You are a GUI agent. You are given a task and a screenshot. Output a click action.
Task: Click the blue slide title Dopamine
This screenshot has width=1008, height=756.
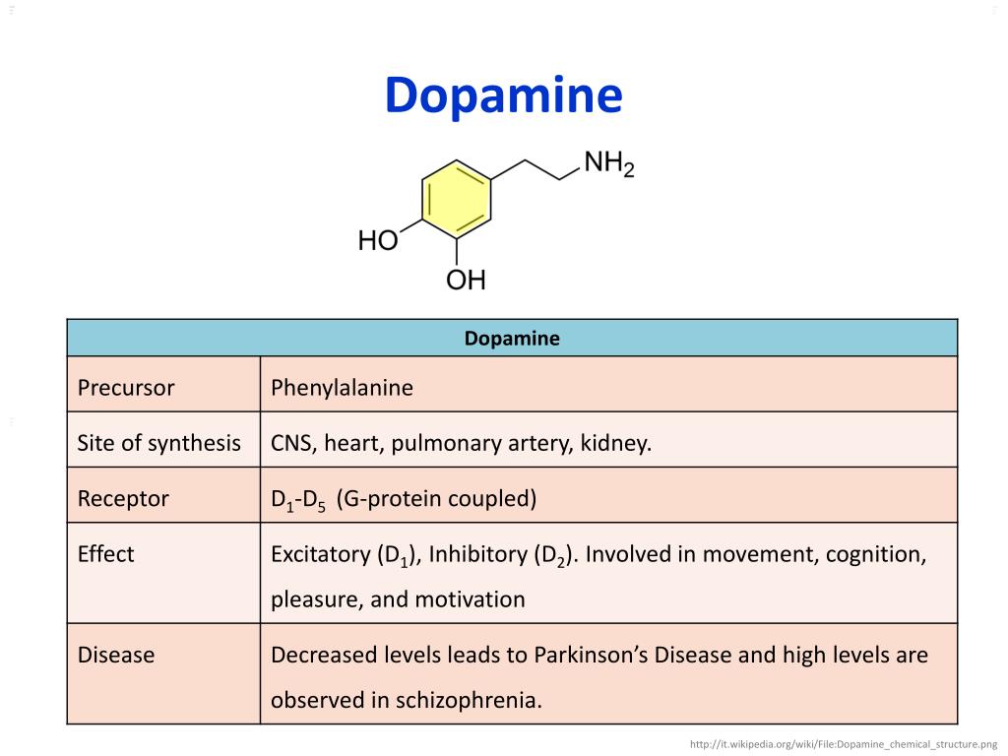[x=503, y=96]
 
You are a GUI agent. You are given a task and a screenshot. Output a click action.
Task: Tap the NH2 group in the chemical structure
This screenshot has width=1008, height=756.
[x=608, y=164]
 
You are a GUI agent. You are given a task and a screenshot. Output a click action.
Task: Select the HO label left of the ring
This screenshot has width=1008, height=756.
[x=377, y=241]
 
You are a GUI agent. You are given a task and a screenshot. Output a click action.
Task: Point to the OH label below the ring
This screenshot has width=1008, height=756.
[x=466, y=282]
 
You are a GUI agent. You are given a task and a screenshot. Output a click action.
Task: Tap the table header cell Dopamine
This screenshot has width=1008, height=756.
[x=512, y=339]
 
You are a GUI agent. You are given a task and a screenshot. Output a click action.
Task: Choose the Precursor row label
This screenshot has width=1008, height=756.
[x=126, y=388]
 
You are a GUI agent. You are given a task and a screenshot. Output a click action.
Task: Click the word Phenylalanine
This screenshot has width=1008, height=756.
[x=343, y=388]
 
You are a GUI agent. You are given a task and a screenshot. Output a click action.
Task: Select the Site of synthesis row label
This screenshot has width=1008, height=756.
[x=158, y=443]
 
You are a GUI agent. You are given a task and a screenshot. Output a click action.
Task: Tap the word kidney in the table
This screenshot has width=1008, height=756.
[x=618, y=443]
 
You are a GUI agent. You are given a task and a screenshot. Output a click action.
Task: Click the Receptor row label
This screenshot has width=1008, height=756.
[x=123, y=499]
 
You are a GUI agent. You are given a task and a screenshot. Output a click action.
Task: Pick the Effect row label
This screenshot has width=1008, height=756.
[x=105, y=554]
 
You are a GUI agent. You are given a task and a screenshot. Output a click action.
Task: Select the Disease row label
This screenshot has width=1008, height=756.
[x=116, y=655]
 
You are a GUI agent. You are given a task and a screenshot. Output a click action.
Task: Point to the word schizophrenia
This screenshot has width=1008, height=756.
[x=469, y=701]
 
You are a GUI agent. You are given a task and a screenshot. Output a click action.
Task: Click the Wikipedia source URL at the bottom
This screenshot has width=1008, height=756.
[x=845, y=744]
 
